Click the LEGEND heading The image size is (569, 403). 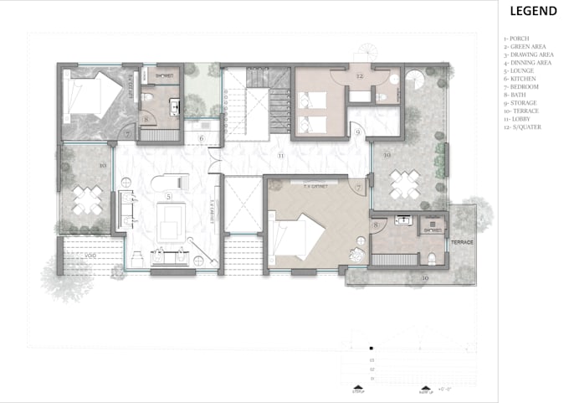[x=533, y=11]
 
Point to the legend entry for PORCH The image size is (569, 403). [x=519, y=39]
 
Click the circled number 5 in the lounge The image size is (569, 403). [x=170, y=196]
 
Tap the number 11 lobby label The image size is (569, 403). [x=281, y=157]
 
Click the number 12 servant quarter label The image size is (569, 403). [x=358, y=76]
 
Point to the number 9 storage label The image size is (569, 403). [x=356, y=132]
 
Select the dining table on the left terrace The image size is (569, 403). [x=87, y=199]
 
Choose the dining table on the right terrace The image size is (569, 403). [x=404, y=183]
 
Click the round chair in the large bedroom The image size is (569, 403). [x=359, y=255]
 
